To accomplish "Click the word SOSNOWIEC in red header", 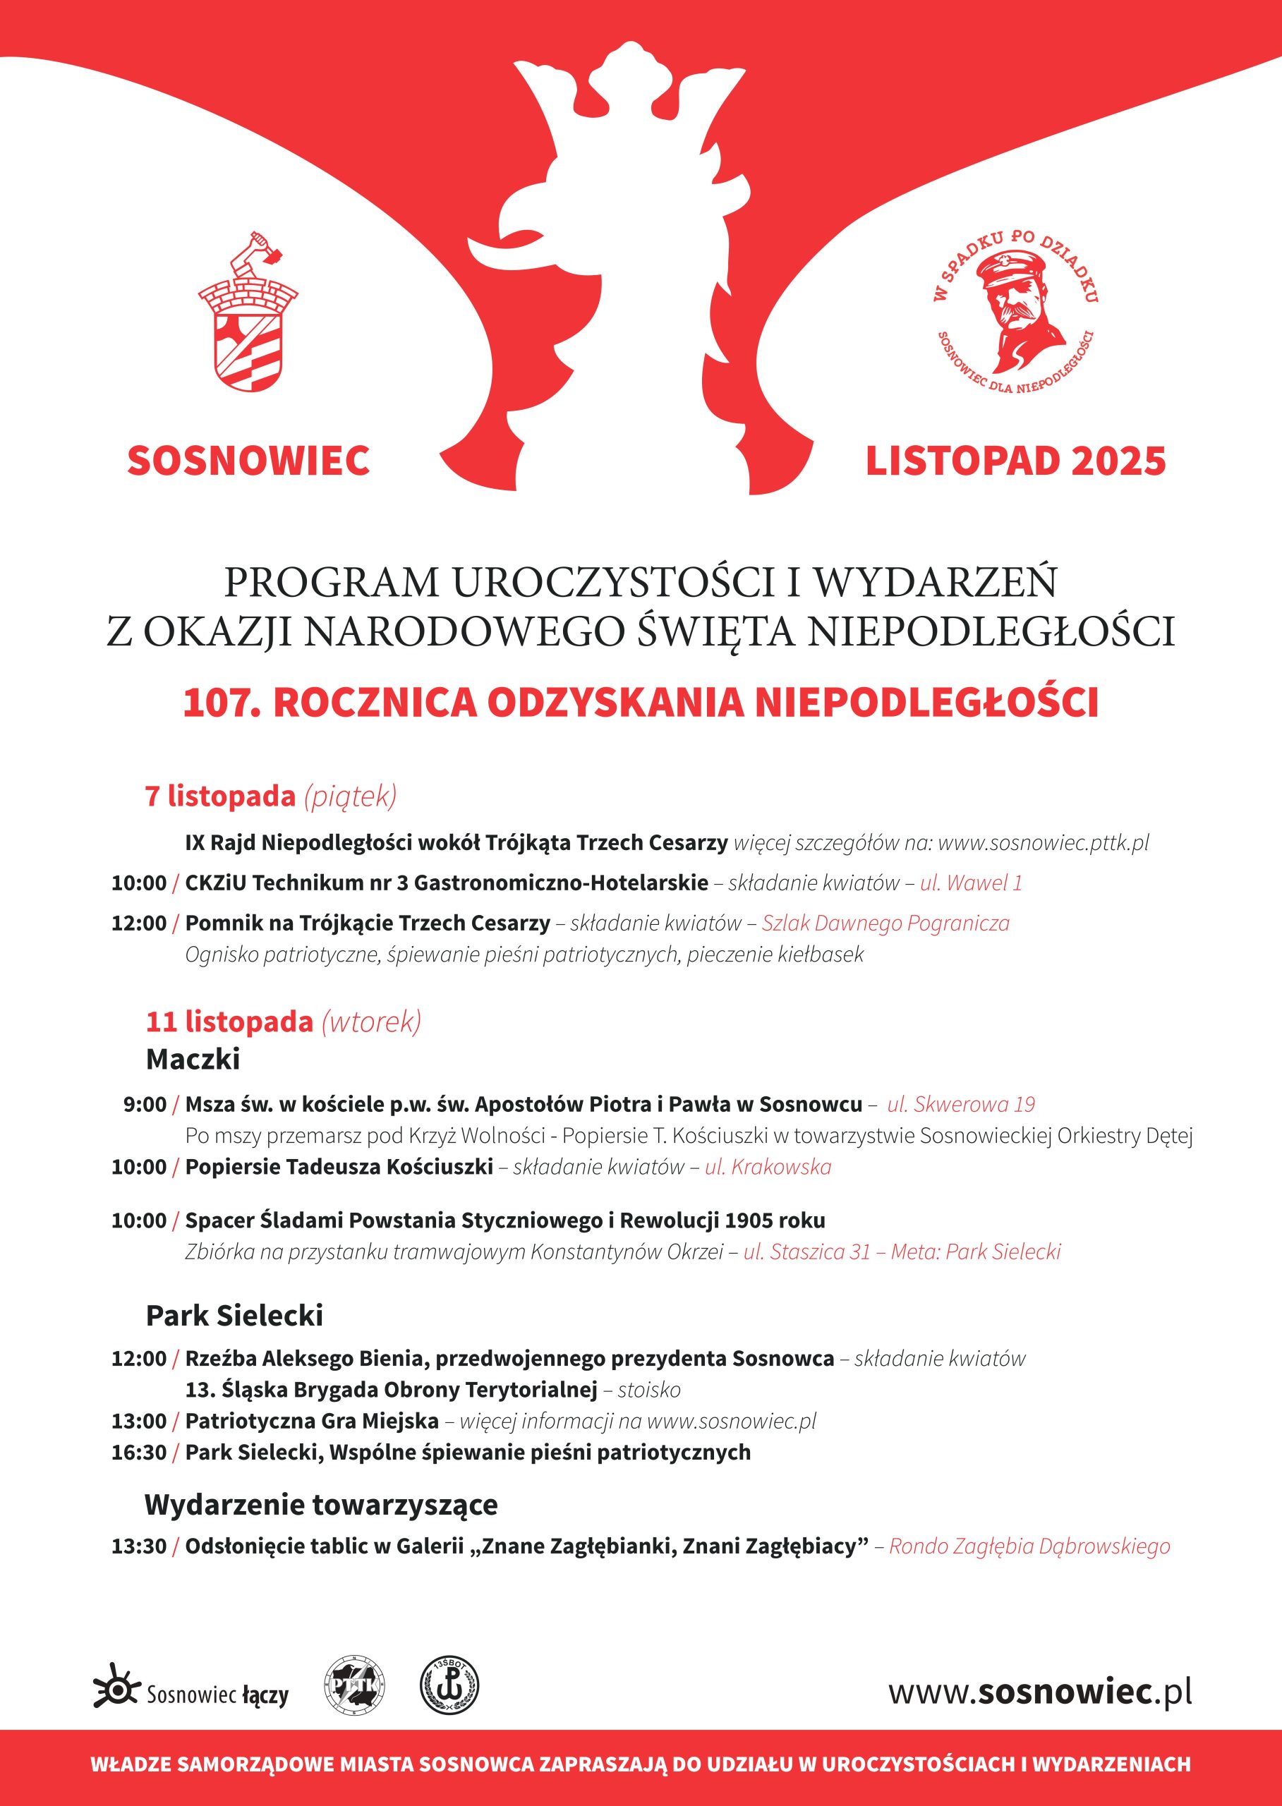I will point(248,461).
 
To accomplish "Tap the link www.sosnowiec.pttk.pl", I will point(1043,842).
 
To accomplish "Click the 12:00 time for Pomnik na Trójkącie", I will point(139,923).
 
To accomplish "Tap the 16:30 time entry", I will point(139,1453).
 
